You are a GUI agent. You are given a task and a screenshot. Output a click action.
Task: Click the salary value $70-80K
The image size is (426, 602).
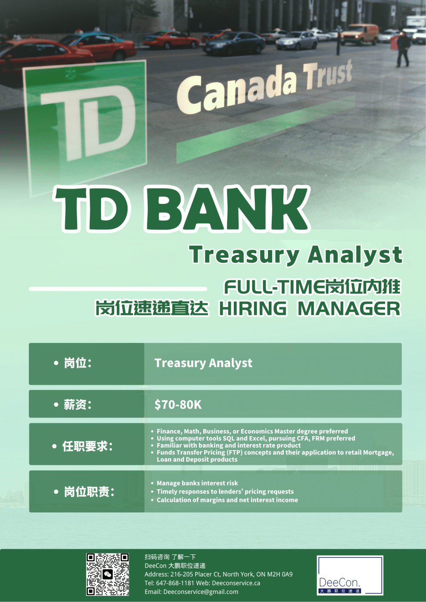178,405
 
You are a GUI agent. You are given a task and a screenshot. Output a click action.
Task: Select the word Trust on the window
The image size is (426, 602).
328,74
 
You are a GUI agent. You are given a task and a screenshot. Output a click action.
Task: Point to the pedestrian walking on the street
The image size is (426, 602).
403,49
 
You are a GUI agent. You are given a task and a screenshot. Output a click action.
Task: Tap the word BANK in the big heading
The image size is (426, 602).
227,209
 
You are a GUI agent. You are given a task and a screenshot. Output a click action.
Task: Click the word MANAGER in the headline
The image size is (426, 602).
349,308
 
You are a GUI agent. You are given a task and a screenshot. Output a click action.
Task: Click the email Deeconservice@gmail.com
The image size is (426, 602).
201,591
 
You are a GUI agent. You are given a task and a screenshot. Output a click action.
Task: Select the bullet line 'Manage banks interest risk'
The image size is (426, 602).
197,483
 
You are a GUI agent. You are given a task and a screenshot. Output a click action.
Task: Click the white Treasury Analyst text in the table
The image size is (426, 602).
204,363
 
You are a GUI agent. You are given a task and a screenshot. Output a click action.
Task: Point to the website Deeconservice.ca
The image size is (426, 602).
236,583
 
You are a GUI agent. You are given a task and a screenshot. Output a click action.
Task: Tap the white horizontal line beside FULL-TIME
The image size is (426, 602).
118,289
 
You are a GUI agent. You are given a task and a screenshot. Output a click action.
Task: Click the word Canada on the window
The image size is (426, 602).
237,91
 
